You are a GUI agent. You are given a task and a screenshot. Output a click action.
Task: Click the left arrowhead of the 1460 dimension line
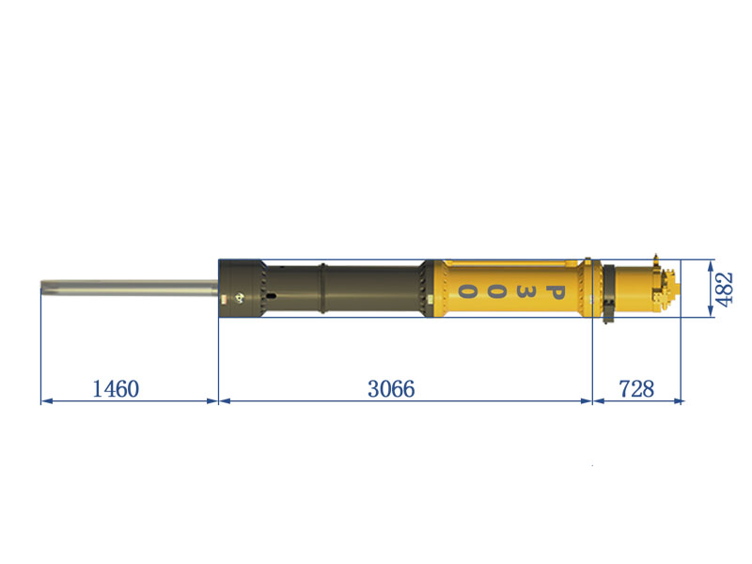[44, 401]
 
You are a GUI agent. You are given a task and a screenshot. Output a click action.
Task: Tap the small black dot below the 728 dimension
[591, 466]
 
